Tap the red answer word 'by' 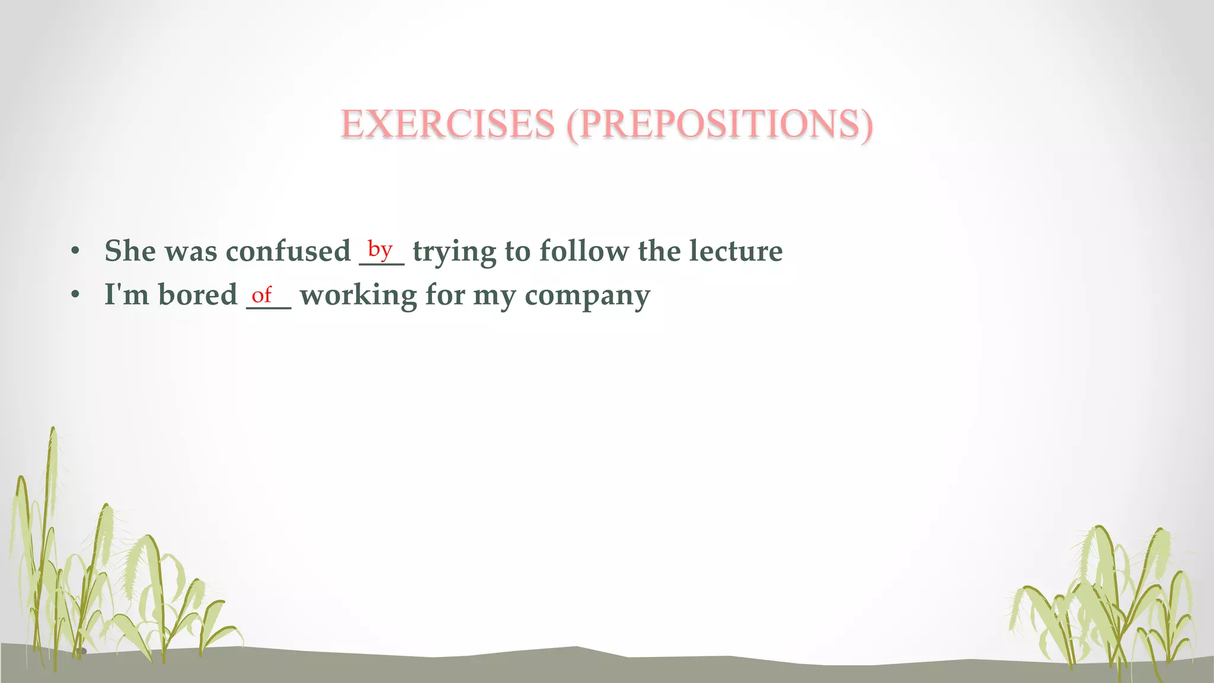coord(380,249)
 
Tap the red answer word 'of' coord(261,294)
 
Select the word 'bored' coord(197,295)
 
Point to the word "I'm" coord(126,295)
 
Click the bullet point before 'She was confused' coord(75,251)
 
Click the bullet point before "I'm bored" coord(75,295)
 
